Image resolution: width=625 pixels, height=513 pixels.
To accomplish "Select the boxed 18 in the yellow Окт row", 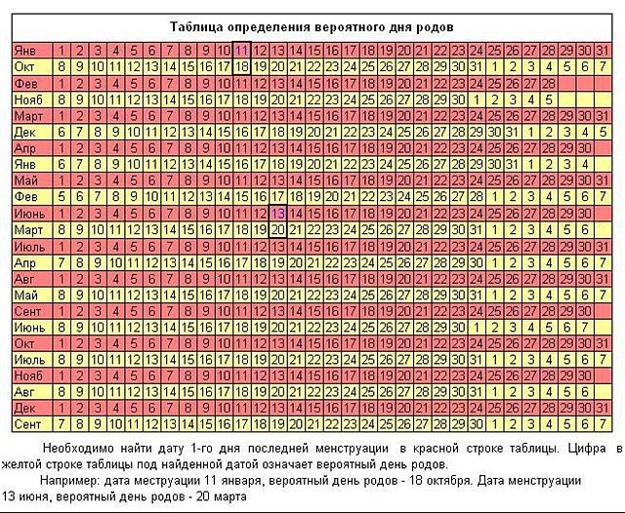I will [x=242, y=66].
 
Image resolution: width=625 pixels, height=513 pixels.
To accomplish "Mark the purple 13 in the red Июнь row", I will [x=278, y=213].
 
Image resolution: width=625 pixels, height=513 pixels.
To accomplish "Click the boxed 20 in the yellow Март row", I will [x=278, y=229].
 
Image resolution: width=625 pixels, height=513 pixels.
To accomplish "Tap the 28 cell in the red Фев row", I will [x=550, y=83].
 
